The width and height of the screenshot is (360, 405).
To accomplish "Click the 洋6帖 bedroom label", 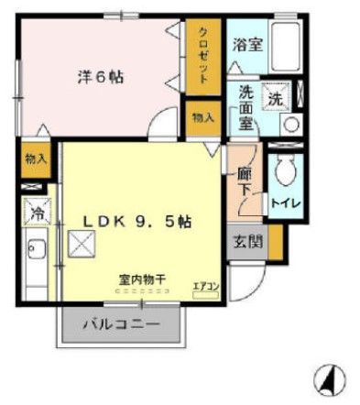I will pos(100,77).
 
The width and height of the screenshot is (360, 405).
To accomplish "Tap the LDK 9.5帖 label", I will pos(138,222).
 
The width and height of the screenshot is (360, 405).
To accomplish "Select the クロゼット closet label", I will pos(205,55).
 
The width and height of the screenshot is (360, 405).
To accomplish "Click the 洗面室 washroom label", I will pos(245,106).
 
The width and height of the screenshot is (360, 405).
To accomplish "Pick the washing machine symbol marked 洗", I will pos(274,96).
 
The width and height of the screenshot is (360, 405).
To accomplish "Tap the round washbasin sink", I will pos(290,125).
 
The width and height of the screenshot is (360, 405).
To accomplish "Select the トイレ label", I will pos(280,201).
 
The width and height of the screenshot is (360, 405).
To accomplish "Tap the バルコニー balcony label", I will pos(122,324).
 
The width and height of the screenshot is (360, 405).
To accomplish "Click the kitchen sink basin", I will pos(38,248).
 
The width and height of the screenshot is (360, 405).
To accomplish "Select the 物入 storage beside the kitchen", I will pos(36,159).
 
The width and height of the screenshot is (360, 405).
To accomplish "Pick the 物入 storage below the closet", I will pos(202,116).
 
